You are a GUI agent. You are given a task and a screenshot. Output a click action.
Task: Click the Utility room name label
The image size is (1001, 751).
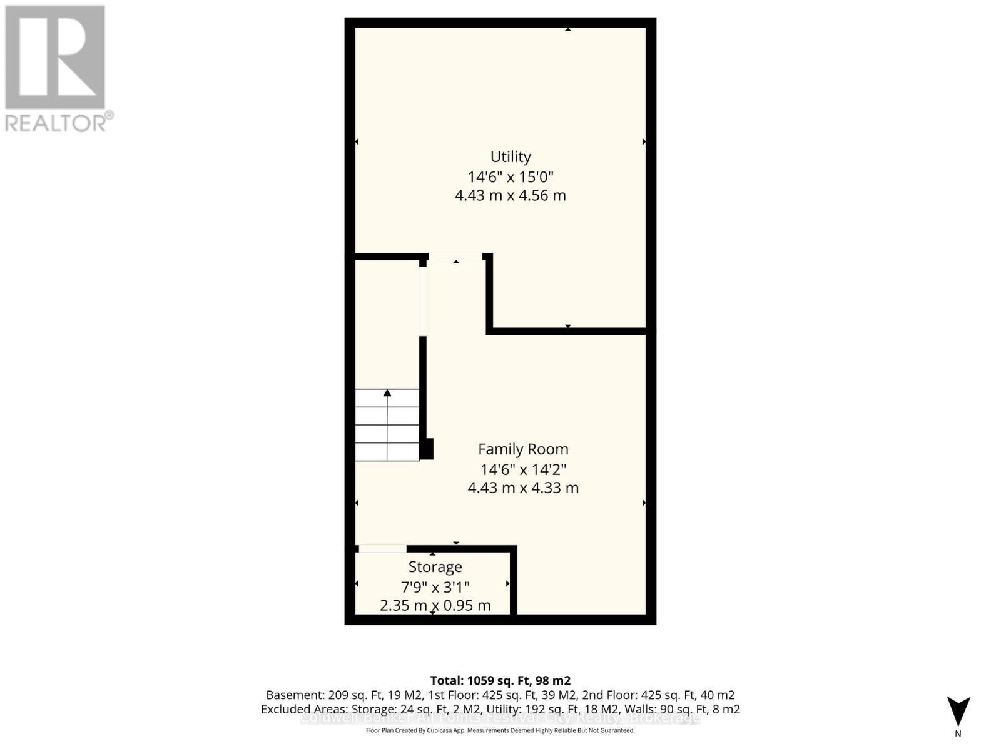511,156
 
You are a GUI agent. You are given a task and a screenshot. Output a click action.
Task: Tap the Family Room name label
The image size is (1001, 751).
523,449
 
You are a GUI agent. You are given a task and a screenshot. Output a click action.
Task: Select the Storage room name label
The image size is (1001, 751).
435,566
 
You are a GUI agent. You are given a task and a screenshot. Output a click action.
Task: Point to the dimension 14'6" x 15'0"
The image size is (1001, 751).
511,176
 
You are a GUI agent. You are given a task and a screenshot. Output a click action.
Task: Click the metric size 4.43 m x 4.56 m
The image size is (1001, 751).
511,195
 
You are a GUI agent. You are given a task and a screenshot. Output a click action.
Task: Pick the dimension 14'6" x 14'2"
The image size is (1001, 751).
523,469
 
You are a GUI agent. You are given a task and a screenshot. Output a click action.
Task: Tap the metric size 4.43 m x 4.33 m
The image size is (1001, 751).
523,488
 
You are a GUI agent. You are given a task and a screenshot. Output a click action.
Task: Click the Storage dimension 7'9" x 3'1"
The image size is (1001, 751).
435,586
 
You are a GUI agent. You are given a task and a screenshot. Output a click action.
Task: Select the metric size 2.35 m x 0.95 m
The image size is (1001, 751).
435,605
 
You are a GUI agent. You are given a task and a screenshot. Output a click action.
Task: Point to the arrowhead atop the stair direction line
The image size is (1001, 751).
387,393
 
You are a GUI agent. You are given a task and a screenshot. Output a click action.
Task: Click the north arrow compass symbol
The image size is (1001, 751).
958,712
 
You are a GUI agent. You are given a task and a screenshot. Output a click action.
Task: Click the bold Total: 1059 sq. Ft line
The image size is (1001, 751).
500,680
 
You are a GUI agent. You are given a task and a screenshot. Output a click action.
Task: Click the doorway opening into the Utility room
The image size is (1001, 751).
455,257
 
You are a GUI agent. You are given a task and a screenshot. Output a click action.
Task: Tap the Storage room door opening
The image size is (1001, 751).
382,549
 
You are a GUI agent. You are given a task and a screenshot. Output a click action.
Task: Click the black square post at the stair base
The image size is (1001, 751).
427,449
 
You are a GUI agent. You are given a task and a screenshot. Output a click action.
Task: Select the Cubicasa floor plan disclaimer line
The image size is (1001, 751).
500,730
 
